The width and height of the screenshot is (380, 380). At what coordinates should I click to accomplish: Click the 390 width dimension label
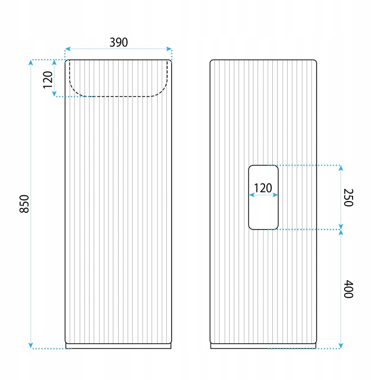(119, 42)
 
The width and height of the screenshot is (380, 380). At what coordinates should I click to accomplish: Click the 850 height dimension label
(24, 204)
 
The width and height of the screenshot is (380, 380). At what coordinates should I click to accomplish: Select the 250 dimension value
(348, 197)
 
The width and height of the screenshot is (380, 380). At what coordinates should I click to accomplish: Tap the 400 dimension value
(348, 289)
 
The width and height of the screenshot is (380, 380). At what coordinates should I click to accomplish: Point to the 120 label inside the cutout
(263, 188)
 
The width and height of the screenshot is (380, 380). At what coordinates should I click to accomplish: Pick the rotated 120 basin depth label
(47, 80)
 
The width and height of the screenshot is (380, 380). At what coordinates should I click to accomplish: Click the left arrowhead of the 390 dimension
(68, 49)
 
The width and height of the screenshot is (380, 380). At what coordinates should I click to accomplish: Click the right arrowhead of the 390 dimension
(169, 49)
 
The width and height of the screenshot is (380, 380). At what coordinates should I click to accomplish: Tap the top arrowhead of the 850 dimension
(31, 62)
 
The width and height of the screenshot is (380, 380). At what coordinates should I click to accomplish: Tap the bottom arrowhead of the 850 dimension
(31, 345)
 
